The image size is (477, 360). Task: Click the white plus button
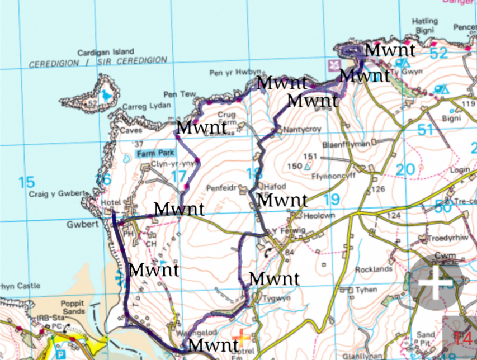[x=435, y=282]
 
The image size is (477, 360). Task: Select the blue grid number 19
[x=331, y=198]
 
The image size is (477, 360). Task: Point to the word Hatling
[x=425, y=22]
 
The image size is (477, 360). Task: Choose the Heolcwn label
[x=307, y=215]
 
